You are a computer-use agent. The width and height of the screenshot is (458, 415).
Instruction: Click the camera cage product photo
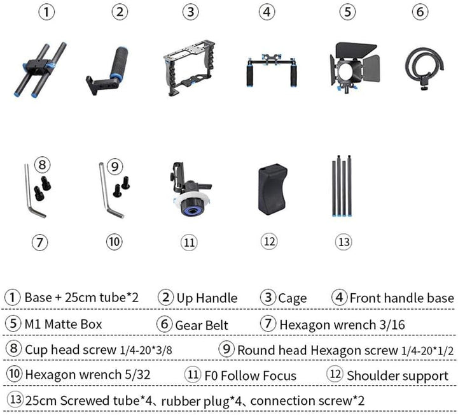click(x=190, y=68)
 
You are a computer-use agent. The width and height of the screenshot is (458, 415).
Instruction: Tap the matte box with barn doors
click(x=354, y=68)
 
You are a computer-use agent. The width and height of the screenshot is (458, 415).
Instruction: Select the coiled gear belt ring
click(x=424, y=69)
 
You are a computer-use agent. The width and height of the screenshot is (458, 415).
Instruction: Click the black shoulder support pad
click(x=273, y=189)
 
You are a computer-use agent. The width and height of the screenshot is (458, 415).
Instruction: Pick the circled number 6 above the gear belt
click(x=420, y=11)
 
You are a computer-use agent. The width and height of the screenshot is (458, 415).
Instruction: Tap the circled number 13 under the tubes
click(x=343, y=242)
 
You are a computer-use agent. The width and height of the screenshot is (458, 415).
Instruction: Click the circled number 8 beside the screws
click(x=42, y=164)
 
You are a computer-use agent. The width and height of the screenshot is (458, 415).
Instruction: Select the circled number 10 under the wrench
click(x=114, y=242)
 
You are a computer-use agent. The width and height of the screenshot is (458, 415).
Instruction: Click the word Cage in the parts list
click(x=293, y=298)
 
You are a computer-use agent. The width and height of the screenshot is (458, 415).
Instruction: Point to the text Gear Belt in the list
click(x=202, y=325)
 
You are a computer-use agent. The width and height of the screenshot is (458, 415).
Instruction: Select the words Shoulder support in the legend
click(x=398, y=375)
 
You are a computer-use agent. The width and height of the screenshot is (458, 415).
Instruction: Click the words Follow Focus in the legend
click(x=258, y=375)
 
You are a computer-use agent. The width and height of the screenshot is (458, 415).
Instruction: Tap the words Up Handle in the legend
click(x=207, y=298)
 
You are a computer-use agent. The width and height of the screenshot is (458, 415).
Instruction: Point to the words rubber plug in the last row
click(x=195, y=402)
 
